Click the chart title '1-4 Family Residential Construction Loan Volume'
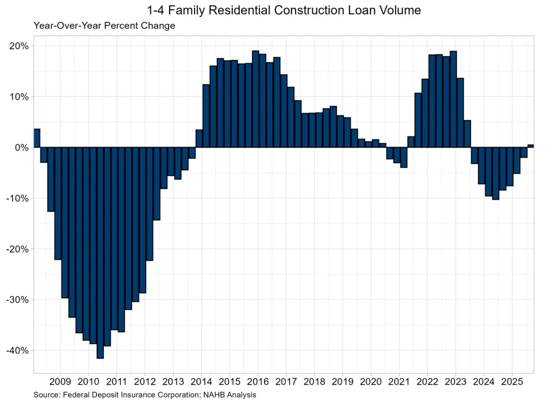click(x=284, y=10)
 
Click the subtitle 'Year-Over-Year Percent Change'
click(x=104, y=26)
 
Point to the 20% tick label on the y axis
click(x=19, y=46)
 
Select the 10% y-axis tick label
click(x=19, y=97)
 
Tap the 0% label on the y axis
click(x=22, y=148)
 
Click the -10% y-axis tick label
click(x=17, y=198)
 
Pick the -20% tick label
click(x=17, y=249)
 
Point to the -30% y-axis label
click(x=17, y=300)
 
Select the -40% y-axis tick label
click(x=17, y=351)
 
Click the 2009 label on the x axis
click(x=60, y=382)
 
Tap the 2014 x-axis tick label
click(x=201, y=382)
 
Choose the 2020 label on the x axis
click(x=371, y=382)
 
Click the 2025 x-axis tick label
click(x=512, y=382)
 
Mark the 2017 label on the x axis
click(x=286, y=382)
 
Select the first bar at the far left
click(x=37, y=138)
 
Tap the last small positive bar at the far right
click(x=530, y=146)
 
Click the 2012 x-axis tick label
click(x=145, y=382)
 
